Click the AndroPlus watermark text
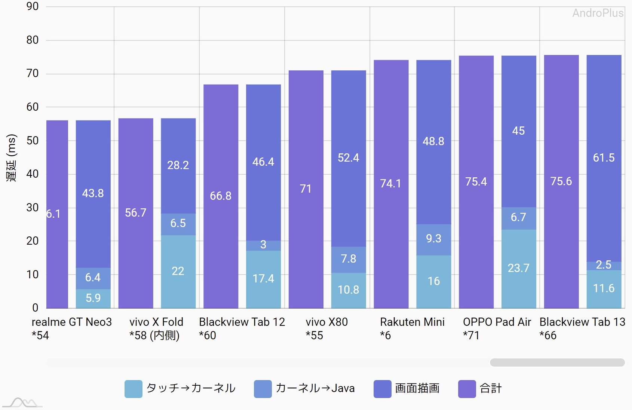pos(598,13)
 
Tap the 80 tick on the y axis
pos(33,40)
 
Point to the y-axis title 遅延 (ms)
pos(12,157)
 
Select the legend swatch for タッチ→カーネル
pos(133,389)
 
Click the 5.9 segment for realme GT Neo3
pos(93,298)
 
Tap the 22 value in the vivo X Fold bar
pos(178,271)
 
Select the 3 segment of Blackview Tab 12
pos(263,245)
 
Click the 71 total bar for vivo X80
pos(306,189)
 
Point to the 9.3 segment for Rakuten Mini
pos(433,239)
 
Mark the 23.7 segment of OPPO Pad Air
pos(518,268)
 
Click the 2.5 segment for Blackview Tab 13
pos(604,265)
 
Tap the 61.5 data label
pos(604,158)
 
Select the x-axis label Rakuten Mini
pos(412,322)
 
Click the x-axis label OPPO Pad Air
pos(497,322)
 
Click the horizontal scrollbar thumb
pos(557,362)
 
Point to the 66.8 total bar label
pos(221,196)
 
